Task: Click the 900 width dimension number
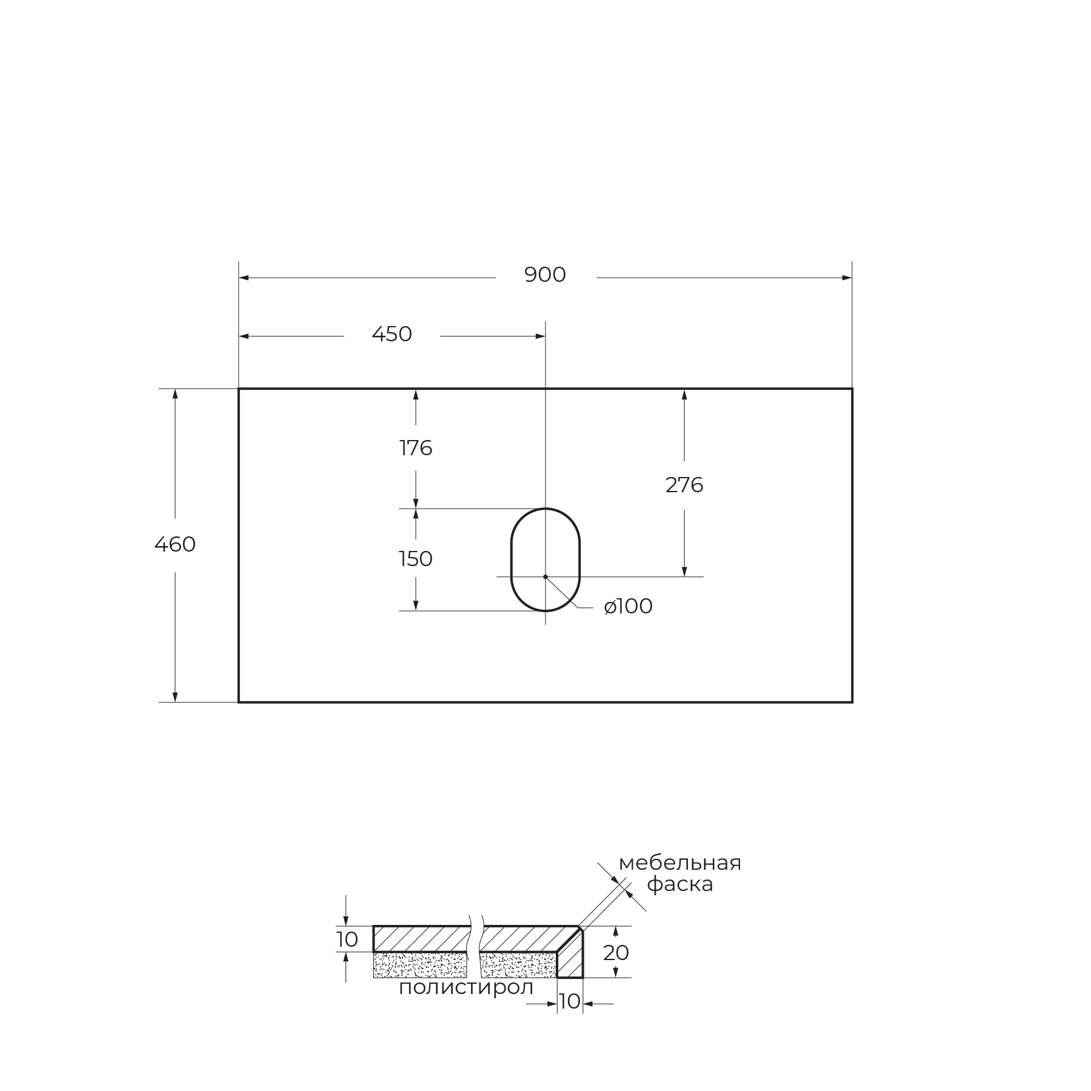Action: pyautogui.click(x=545, y=275)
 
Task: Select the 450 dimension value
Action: pyautogui.click(x=392, y=335)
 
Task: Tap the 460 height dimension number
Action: pyautogui.click(x=175, y=545)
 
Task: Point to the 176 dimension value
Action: pyautogui.click(x=416, y=449)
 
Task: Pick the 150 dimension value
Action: pyautogui.click(x=416, y=559)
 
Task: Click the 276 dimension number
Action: pyautogui.click(x=684, y=485)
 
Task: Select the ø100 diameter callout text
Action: pyautogui.click(x=629, y=607)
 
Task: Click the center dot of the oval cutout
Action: pyautogui.click(x=545, y=576)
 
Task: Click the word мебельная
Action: pyautogui.click(x=680, y=863)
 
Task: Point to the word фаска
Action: pyautogui.click(x=680, y=884)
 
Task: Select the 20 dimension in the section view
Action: pyautogui.click(x=616, y=953)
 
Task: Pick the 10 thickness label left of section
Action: pyautogui.click(x=347, y=940)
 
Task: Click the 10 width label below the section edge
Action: pyautogui.click(x=570, y=1001)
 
